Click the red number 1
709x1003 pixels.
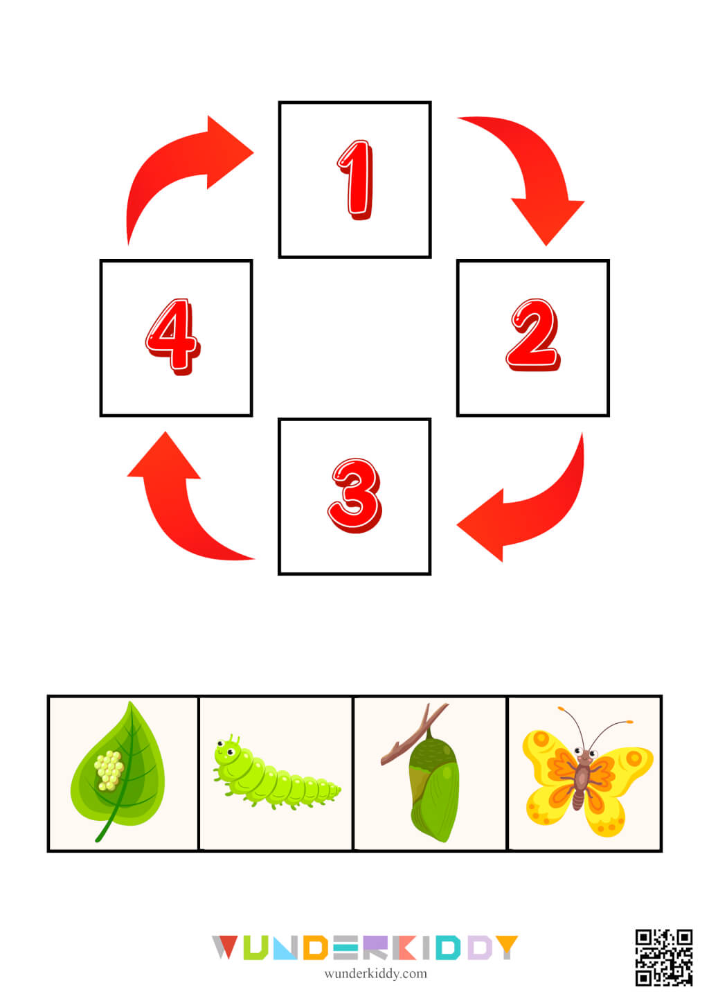[356, 180]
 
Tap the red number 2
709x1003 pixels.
[532, 335]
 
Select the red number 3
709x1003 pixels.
[354, 495]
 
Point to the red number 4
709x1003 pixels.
[172, 337]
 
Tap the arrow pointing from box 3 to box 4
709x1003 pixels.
[177, 506]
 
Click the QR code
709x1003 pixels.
[664, 957]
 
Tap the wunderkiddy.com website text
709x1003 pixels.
[375, 973]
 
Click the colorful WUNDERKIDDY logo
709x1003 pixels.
[364, 947]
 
